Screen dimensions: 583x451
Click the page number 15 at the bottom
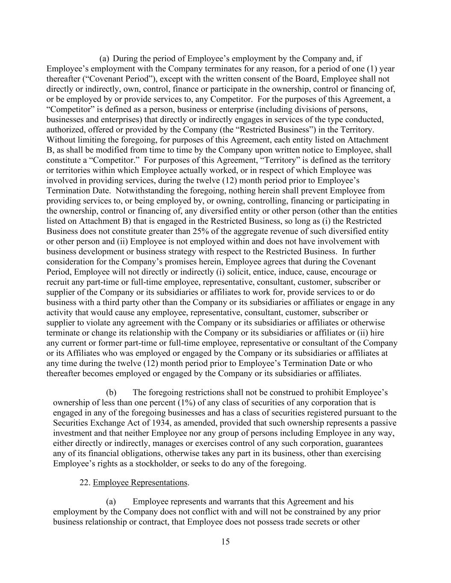pyautogui.click(x=226, y=542)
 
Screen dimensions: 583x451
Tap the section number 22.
pyautogui.click(x=85, y=483)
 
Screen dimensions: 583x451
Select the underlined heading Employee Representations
pyautogui.click(x=140, y=483)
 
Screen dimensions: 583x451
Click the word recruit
pyautogui.click(x=59, y=282)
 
